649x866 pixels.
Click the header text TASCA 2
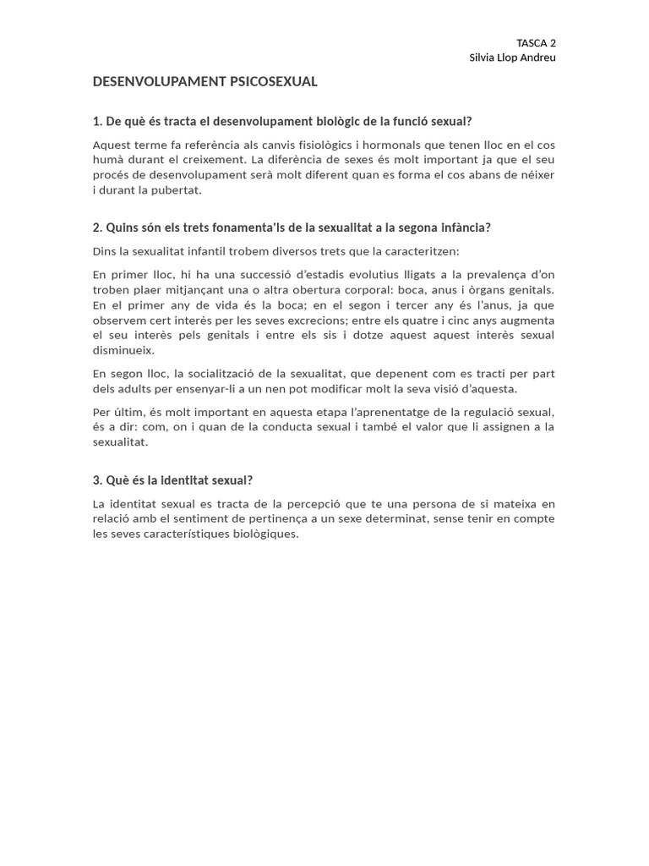pyautogui.click(x=536, y=43)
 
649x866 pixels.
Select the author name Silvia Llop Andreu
pyautogui.click(x=512, y=58)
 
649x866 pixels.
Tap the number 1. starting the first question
pyautogui.click(x=97, y=122)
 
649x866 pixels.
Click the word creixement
pyautogui.click(x=221, y=160)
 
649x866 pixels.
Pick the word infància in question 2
pyautogui.click(x=466, y=228)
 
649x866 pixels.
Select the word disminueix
pyautogui.click(x=123, y=351)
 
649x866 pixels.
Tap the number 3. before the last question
pyautogui.click(x=97, y=480)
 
